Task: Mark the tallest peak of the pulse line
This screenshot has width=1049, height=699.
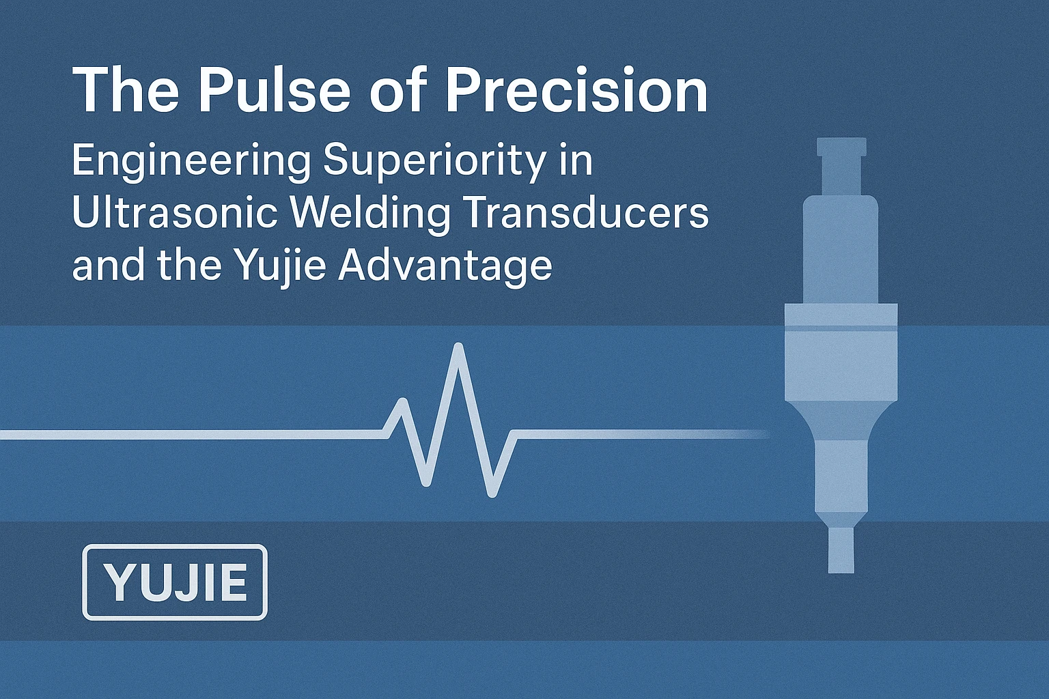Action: (x=459, y=347)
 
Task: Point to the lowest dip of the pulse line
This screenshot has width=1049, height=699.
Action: (x=492, y=494)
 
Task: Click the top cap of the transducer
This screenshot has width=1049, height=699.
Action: (x=841, y=147)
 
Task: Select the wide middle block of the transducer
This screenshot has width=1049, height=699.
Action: (x=841, y=352)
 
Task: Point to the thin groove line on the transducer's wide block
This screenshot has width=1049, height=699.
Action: (x=841, y=328)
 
